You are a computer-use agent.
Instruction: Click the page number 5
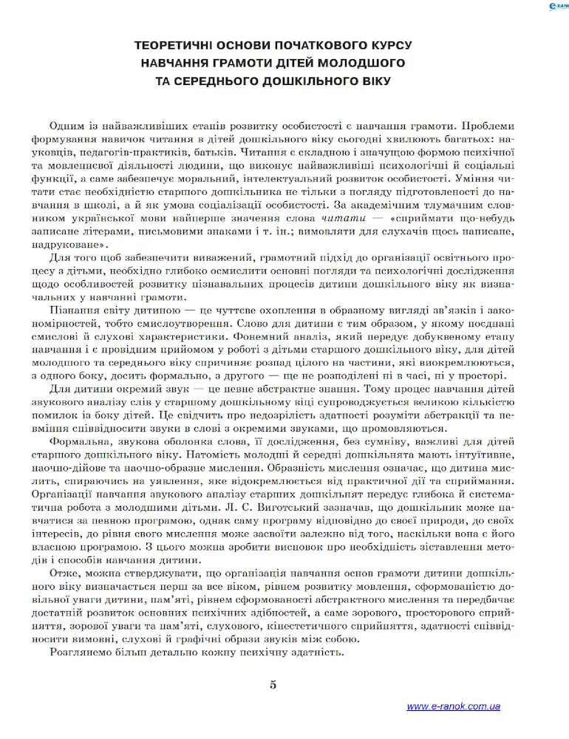(x=273, y=684)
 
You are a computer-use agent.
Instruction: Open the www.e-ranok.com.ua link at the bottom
(x=453, y=706)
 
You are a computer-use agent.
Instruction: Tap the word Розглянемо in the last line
(x=81, y=653)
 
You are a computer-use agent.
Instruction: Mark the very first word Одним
(x=66, y=126)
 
